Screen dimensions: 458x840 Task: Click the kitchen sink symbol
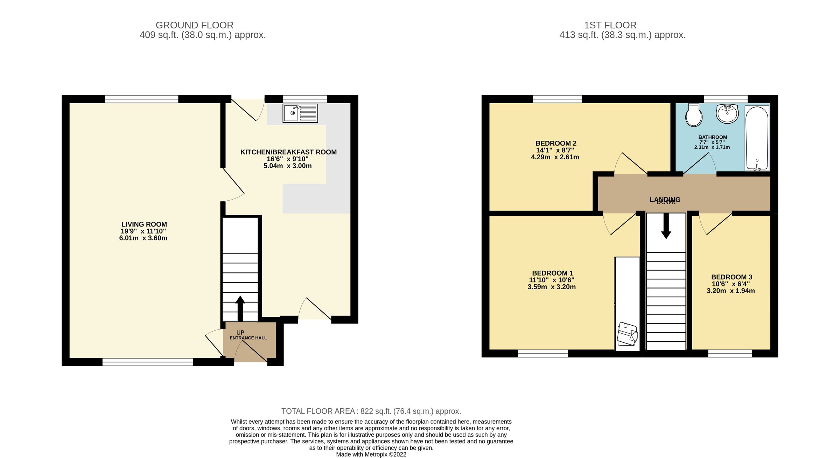click(300, 113)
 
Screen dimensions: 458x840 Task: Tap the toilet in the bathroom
click(694, 115)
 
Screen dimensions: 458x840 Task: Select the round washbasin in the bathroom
click(727, 113)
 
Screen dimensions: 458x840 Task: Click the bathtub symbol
click(757, 138)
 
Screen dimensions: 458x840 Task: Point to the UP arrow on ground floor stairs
click(240, 308)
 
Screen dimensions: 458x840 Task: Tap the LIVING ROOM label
click(144, 224)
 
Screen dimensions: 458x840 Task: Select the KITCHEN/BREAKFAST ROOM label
click(288, 152)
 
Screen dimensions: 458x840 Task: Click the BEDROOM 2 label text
click(556, 143)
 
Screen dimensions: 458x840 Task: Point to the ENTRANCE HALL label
click(248, 338)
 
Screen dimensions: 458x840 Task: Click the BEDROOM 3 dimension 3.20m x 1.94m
click(731, 291)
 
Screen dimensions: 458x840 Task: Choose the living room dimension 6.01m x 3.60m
click(143, 238)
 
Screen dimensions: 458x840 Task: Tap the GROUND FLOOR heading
click(194, 25)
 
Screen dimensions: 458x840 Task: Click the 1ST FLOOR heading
click(610, 25)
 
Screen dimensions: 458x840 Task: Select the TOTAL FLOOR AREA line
click(371, 411)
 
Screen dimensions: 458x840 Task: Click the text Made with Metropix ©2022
click(371, 454)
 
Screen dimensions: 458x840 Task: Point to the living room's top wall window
click(142, 99)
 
